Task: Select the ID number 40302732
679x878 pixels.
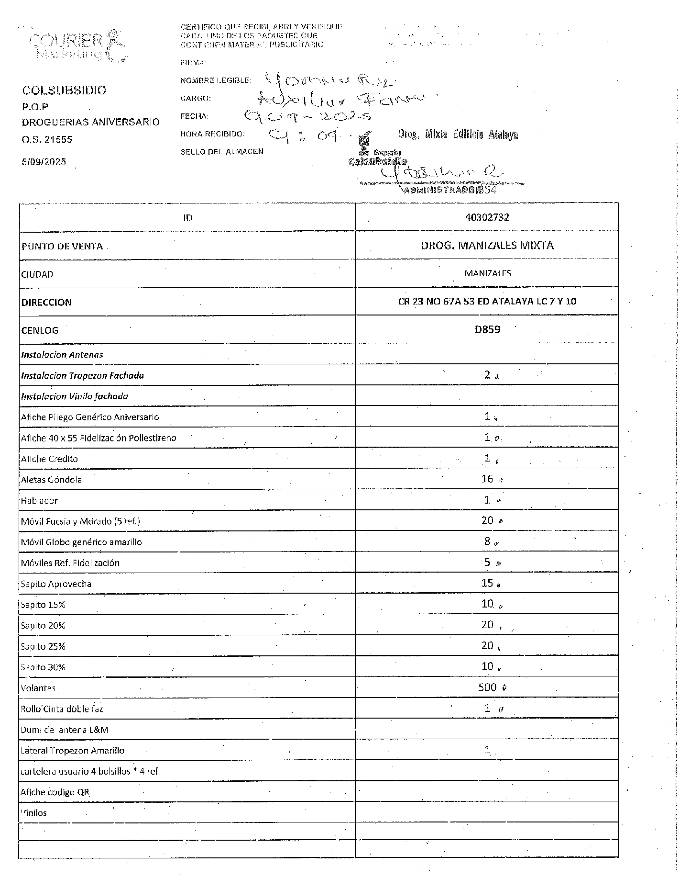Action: coord(487,217)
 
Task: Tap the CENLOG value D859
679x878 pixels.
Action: coord(487,329)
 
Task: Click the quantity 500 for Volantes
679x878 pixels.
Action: coord(487,687)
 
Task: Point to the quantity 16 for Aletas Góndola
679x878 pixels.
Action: coord(487,479)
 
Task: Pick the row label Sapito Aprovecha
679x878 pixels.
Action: coord(56,584)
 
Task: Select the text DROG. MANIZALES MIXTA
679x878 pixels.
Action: coord(487,246)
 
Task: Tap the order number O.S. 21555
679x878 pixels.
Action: coord(47,140)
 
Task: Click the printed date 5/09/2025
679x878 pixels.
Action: coord(44,162)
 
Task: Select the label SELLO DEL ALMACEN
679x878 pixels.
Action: coord(222,152)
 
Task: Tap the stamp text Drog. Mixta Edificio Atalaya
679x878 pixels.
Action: coord(458,135)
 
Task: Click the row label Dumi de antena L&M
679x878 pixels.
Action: coord(65,730)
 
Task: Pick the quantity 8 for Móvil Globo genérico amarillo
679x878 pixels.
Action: coord(487,541)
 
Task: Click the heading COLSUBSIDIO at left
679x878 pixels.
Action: coord(64,90)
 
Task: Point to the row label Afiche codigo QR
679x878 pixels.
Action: coord(55,792)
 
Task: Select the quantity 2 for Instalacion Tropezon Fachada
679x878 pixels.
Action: coord(487,375)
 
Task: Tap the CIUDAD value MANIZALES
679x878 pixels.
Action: coord(487,273)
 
